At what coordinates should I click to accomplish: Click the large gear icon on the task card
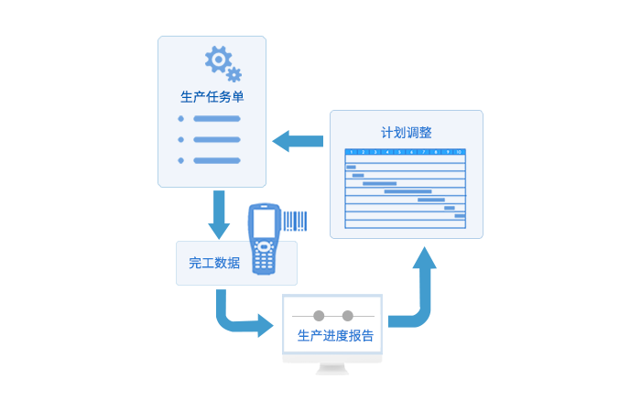point(218,60)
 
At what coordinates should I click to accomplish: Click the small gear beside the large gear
point(234,74)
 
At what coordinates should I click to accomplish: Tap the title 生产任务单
point(212,97)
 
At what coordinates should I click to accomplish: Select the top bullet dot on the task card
point(181,119)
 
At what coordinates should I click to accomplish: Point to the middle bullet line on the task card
point(216,140)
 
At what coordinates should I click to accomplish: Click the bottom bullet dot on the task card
point(181,160)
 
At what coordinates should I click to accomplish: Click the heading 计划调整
point(407,132)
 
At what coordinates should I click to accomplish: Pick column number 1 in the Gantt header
point(351,152)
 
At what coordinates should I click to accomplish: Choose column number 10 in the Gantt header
point(459,152)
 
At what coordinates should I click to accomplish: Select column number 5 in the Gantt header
point(399,152)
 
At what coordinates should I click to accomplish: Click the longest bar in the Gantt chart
point(407,191)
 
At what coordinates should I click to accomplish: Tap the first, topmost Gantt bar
point(351,167)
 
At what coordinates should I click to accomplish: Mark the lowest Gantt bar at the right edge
point(460,216)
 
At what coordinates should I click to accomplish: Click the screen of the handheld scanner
point(264,221)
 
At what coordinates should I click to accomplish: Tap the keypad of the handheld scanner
point(264,257)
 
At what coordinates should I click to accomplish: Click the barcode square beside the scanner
point(294,222)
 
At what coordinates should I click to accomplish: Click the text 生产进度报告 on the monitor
point(335,336)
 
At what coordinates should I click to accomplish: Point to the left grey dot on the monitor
point(319,316)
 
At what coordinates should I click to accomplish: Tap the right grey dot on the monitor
point(347,316)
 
